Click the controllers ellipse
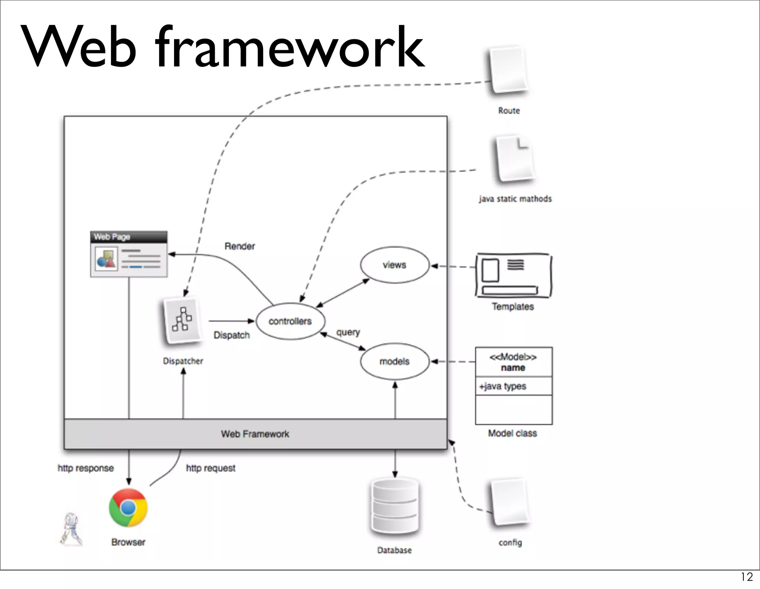(290, 321)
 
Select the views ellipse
(394, 265)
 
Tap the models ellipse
(394, 361)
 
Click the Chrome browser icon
(128, 508)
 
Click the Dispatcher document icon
(182, 321)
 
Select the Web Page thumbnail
(129, 254)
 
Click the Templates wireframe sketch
(514, 275)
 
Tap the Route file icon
(508, 70)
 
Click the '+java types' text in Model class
(503, 386)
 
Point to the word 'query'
(348, 332)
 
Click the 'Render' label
(240, 246)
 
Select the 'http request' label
(210, 468)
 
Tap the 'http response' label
(86, 468)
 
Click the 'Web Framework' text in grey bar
(255, 434)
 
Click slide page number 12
(747, 577)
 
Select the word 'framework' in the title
(289, 47)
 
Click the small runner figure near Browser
(71, 530)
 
